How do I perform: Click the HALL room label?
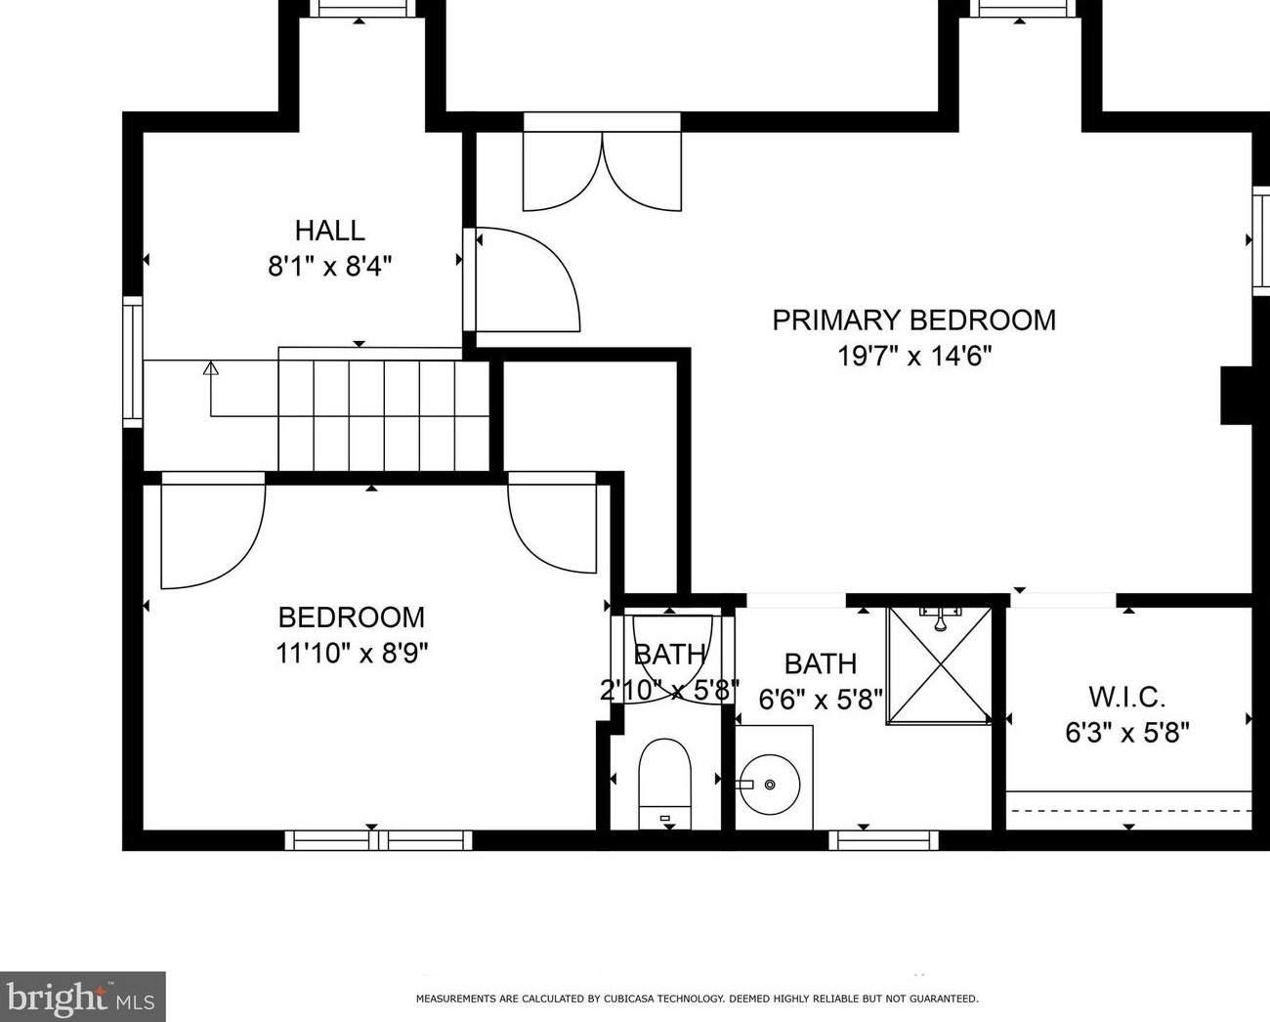(x=330, y=231)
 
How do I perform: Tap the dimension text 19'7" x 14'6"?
(x=914, y=356)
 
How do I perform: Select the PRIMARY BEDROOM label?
(x=914, y=320)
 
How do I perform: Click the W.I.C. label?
(x=1127, y=697)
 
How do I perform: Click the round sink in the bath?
(x=770, y=785)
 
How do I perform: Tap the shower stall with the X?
(x=940, y=665)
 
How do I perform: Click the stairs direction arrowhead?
(x=211, y=367)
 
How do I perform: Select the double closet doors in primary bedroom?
(x=603, y=171)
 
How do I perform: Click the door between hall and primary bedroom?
(x=528, y=279)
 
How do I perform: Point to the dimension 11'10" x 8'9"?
(x=352, y=654)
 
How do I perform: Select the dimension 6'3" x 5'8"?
(x=1127, y=733)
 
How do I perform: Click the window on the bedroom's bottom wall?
(x=378, y=839)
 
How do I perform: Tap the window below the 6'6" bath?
(x=883, y=839)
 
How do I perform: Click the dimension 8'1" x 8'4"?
(x=330, y=267)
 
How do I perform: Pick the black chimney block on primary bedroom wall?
(x=1237, y=396)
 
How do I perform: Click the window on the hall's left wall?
(x=133, y=362)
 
